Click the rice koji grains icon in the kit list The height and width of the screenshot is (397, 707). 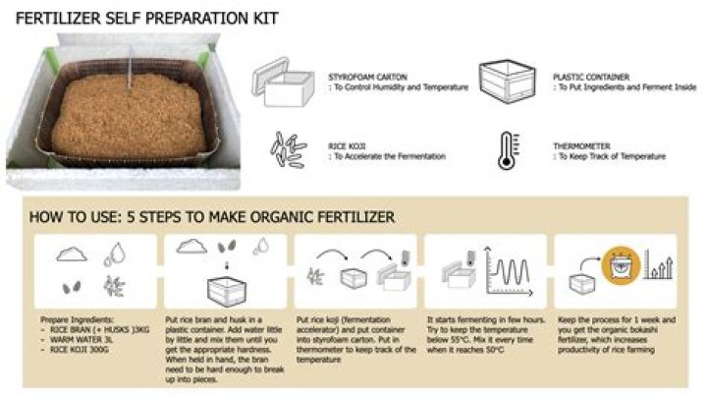coord(285,149)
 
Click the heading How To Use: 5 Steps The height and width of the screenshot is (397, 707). coord(211,215)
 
